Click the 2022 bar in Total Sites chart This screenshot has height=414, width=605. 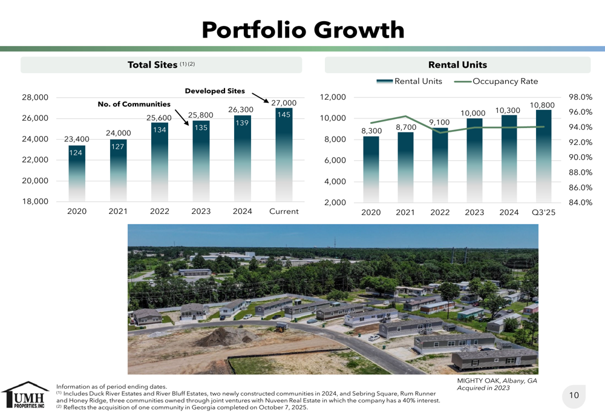click(160, 162)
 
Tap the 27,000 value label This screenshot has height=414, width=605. click(284, 103)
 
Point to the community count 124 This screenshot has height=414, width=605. click(76, 154)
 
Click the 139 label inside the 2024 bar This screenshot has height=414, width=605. click(243, 123)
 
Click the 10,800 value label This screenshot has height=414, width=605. click(542, 105)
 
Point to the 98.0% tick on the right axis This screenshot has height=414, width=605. click(581, 97)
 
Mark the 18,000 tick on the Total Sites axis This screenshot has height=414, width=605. click(35, 202)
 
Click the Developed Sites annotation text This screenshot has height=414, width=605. click(215, 91)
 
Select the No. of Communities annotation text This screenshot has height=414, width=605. click(134, 104)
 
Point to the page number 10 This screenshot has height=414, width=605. click(574, 395)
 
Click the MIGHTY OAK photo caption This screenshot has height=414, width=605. click(497, 384)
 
